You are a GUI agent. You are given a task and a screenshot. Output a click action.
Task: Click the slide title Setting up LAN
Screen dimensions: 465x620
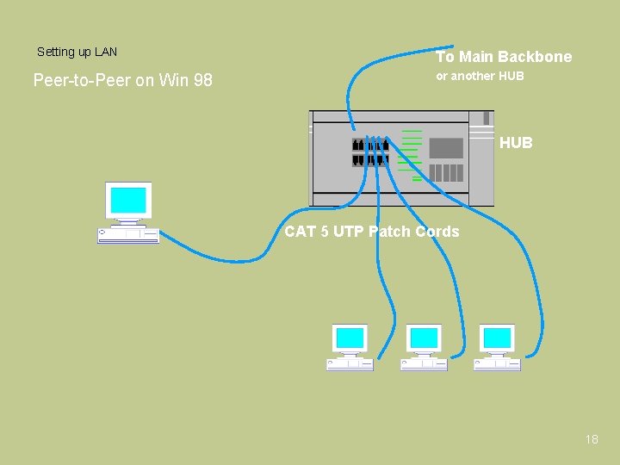(x=77, y=53)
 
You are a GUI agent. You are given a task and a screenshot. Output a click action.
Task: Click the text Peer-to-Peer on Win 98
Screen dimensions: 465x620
(x=122, y=81)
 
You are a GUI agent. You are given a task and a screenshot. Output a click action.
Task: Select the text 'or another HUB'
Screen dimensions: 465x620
(x=480, y=76)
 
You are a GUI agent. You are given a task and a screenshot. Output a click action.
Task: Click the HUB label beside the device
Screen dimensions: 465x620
(x=516, y=143)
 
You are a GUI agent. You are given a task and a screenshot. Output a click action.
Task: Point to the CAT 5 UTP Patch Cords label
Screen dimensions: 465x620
(x=371, y=231)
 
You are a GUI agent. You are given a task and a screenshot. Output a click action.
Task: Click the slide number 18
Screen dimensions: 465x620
(x=591, y=439)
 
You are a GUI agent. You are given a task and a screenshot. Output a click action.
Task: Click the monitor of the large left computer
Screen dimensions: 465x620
(x=128, y=201)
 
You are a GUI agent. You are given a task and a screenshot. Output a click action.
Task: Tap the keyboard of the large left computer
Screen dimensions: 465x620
(x=128, y=236)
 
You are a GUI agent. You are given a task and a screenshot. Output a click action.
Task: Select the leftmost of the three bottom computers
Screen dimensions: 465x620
(x=350, y=347)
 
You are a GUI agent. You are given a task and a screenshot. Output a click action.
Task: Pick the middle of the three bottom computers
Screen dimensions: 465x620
(x=424, y=347)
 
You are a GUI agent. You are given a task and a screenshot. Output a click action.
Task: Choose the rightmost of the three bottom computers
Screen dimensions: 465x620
(x=497, y=347)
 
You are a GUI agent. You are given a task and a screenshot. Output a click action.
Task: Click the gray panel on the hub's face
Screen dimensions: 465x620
(x=446, y=148)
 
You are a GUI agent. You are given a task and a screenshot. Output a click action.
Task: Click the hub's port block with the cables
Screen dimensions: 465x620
(x=370, y=152)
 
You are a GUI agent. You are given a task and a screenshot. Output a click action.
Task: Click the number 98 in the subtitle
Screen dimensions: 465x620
(x=202, y=81)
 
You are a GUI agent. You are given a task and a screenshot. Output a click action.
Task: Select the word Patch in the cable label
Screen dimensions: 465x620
(x=390, y=231)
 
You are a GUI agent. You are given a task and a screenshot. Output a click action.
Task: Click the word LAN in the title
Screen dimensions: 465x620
(x=106, y=53)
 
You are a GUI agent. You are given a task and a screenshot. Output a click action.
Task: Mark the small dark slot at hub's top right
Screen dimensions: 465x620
(x=487, y=117)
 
